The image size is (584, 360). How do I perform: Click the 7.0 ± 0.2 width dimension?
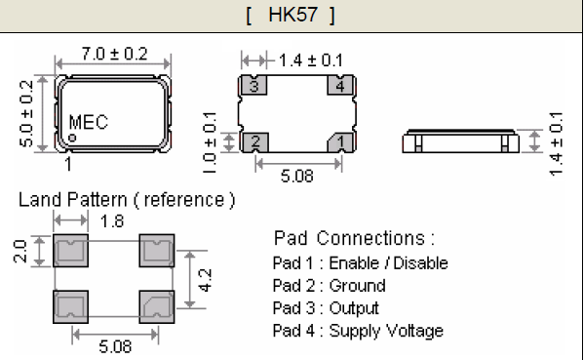click(x=114, y=55)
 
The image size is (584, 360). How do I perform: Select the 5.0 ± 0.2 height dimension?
click(x=26, y=112)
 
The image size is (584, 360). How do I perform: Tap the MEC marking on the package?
click(x=89, y=123)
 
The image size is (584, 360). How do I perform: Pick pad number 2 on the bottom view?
click(x=253, y=141)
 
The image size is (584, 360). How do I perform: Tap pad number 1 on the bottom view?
click(x=340, y=141)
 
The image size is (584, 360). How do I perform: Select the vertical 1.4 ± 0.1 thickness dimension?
click(x=556, y=142)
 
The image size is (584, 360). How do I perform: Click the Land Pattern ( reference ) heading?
click(x=127, y=200)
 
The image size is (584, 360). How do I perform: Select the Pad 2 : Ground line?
click(x=330, y=286)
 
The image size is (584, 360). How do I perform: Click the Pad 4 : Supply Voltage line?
click(x=359, y=331)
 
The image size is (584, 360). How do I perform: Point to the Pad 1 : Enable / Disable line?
click(x=361, y=262)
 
